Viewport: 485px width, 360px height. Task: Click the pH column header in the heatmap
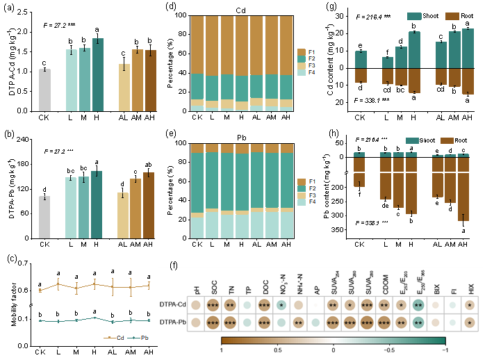coord(196,289)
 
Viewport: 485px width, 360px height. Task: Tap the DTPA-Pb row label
coord(172,322)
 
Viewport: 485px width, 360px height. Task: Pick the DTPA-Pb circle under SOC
coord(213,322)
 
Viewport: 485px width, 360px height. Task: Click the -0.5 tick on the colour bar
coord(389,350)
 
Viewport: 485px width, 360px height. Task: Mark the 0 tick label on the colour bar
coord(333,350)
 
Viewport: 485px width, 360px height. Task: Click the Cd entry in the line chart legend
coord(115,338)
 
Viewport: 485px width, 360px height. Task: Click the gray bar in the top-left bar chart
coord(44,90)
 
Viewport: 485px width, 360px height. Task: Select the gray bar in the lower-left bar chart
coord(44,218)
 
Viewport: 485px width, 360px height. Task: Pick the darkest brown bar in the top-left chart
coord(151,81)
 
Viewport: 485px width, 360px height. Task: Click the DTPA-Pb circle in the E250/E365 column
coord(418,322)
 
